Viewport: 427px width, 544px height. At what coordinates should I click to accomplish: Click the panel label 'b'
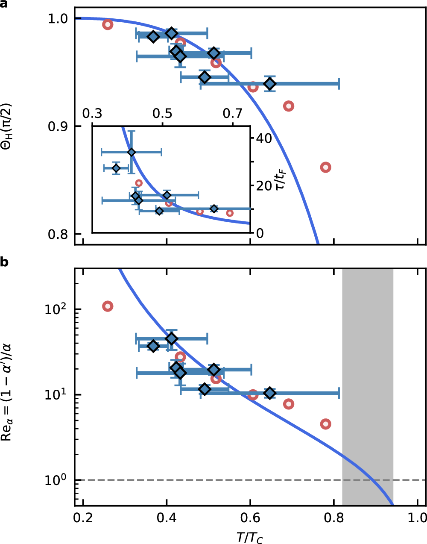(x=4, y=262)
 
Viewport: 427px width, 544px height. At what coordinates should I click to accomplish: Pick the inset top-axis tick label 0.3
(x=92, y=114)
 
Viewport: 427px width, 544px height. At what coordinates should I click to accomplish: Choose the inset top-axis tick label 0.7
(x=233, y=114)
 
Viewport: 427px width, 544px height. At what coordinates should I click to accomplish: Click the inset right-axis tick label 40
(x=263, y=138)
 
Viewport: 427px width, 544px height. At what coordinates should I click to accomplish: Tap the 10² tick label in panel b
(x=55, y=309)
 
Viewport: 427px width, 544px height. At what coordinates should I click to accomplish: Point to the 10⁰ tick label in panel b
(x=55, y=479)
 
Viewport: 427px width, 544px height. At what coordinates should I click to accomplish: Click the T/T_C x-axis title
(x=250, y=537)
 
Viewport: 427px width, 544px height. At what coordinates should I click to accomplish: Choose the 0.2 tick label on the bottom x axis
(x=83, y=518)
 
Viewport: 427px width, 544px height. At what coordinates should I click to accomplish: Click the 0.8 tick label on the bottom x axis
(x=334, y=518)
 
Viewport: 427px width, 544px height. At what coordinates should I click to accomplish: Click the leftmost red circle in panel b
(x=108, y=306)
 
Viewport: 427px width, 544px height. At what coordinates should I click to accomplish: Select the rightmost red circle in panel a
(x=326, y=167)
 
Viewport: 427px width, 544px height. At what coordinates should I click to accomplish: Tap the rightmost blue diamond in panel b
(x=269, y=393)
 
